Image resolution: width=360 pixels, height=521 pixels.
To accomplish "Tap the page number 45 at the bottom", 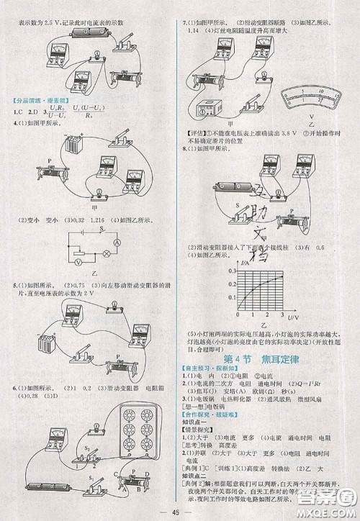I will pos(181,512).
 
